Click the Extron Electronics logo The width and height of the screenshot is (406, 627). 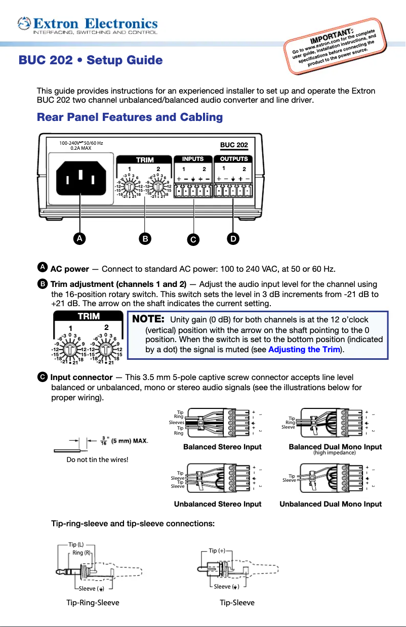[87, 24]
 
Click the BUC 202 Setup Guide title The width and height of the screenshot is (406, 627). [91, 61]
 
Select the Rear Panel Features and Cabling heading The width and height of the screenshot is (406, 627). [130, 117]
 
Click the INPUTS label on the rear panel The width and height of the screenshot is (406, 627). [193, 159]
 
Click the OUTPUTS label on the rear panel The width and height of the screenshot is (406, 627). [233, 159]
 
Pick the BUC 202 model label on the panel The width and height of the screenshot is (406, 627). [234, 145]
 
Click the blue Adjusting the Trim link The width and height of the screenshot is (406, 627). [303, 349]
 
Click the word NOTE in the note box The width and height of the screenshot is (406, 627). [148, 319]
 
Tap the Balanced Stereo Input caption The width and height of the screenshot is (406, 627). [222, 447]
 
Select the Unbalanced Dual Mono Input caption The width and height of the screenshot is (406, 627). [331, 504]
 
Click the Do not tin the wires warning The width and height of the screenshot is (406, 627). [97, 459]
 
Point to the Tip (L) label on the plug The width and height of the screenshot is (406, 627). [76, 545]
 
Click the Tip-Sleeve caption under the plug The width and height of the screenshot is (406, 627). [237, 602]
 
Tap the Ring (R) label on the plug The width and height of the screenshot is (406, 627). [81, 553]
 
